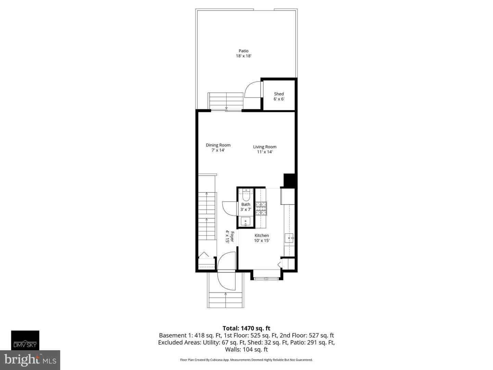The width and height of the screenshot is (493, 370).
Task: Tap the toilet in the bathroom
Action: (x=246, y=196)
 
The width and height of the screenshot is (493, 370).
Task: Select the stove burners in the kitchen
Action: (x=262, y=208)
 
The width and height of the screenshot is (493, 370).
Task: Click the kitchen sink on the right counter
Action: (x=289, y=237)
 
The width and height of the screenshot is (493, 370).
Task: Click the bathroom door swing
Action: (x=229, y=208)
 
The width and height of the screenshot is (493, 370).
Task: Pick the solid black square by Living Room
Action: (x=289, y=181)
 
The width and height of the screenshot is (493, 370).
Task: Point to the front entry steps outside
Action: (x=225, y=300)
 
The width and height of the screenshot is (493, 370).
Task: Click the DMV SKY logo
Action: (x=25, y=340)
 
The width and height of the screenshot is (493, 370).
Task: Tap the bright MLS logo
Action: (x=30, y=360)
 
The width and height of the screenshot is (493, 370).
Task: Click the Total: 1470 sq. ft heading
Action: (x=246, y=328)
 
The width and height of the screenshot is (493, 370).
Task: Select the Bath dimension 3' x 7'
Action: (x=245, y=209)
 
